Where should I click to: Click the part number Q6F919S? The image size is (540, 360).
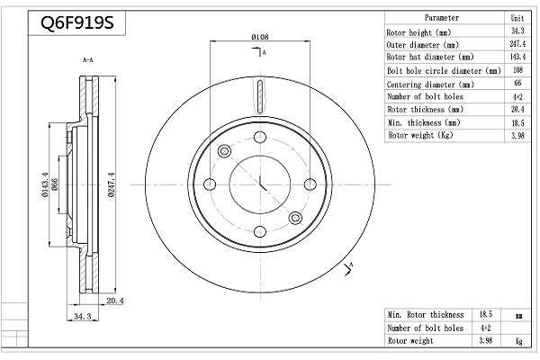[77, 23]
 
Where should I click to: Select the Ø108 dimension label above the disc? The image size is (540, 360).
[260, 37]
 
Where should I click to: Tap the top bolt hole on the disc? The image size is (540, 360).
[260, 137]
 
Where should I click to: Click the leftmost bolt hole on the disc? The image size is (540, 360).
[210, 184]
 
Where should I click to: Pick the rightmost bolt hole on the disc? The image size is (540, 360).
[310, 184]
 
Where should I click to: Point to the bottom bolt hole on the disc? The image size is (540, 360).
[260, 231]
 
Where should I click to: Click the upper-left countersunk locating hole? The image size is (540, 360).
[224, 151]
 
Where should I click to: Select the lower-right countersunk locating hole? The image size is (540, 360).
[295, 218]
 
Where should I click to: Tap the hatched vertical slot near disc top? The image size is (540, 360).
[260, 96]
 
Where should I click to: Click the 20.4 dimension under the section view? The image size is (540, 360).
[114, 301]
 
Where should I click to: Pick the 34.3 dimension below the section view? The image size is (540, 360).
[83, 316]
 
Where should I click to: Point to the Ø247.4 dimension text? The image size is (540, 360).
[112, 184]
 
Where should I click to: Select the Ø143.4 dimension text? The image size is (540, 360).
[45, 185]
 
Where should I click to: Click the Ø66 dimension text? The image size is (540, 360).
[54, 184]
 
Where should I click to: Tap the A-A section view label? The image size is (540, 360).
[88, 60]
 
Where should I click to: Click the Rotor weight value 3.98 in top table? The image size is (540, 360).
[517, 135]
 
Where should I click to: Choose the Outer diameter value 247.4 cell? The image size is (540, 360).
[517, 44]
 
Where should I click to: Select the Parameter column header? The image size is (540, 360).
[442, 18]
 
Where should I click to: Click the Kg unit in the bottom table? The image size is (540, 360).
[518, 341]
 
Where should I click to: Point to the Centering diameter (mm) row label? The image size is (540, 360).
[430, 85]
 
